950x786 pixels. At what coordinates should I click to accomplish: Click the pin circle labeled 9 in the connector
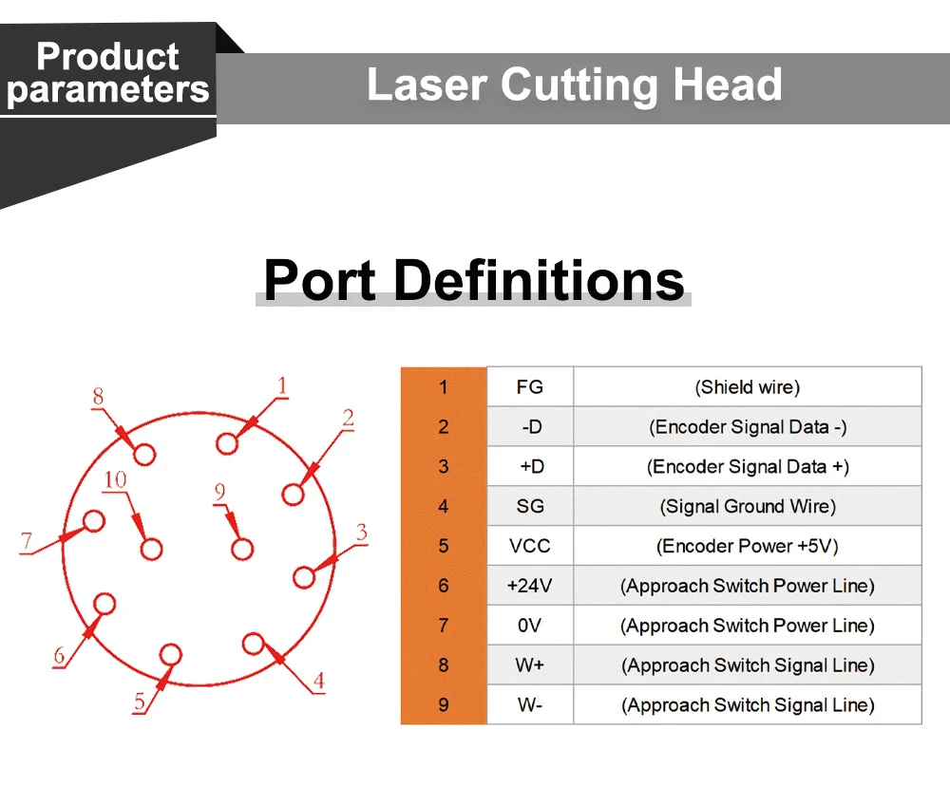(242, 549)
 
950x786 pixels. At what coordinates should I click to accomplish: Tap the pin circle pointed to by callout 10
(151, 549)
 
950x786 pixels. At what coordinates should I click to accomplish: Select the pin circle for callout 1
(228, 443)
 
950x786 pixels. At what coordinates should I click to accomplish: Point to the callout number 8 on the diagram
(98, 397)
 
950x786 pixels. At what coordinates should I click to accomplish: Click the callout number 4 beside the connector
(319, 680)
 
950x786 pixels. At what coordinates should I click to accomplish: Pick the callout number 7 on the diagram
(27, 542)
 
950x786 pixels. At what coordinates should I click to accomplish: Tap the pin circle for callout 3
(304, 577)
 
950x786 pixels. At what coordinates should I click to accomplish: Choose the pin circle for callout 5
(171, 655)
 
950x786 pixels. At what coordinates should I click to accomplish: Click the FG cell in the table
(530, 387)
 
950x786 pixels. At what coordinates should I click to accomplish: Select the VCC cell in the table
(530, 546)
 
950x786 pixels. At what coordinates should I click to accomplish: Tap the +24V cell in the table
(530, 586)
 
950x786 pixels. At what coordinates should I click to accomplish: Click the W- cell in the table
(530, 705)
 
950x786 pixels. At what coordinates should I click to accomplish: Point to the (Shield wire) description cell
(748, 387)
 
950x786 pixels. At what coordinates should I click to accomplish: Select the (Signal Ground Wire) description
(748, 506)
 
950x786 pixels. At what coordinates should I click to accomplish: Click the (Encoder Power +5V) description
(748, 546)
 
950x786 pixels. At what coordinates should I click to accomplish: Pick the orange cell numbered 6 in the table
(444, 586)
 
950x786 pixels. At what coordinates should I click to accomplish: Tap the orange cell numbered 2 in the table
(444, 427)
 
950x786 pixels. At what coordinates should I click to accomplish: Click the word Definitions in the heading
(539, 280)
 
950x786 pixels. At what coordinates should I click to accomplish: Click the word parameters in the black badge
(107, 90)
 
